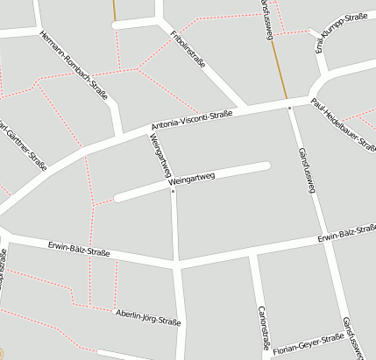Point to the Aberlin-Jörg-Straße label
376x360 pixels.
point(148,317)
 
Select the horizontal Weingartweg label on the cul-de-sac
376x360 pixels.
point(191,177)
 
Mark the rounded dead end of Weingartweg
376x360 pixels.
point(265,164)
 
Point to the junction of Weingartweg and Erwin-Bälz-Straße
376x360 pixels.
point(177,261)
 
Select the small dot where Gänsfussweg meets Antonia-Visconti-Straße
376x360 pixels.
point(289,107)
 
